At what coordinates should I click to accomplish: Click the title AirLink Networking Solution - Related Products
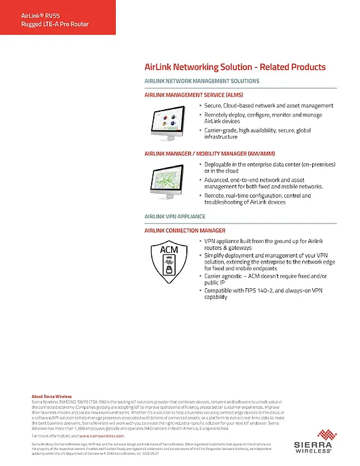click(235, 67)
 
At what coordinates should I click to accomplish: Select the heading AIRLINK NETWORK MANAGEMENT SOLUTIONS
click(202, 81)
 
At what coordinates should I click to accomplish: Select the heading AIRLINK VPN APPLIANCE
click(175, 217)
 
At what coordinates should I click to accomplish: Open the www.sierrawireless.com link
click(102, 435)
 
